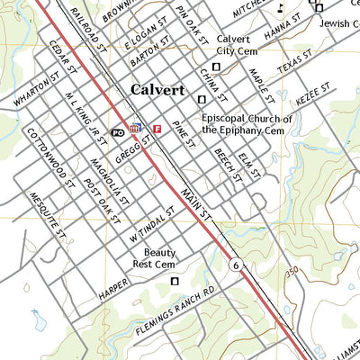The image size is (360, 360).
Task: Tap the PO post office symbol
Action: tap(117, 131)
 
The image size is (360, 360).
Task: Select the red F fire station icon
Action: tap(157, 129)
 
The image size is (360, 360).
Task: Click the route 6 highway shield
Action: tap(235, 265)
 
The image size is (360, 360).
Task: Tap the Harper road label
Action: tap(112, 290)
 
